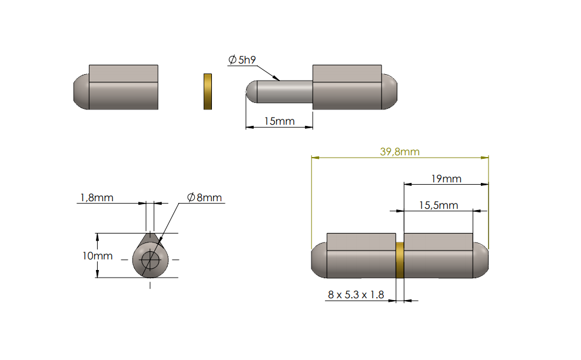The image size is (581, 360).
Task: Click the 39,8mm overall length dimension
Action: coord(399,152)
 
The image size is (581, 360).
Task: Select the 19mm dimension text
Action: coord(446,179)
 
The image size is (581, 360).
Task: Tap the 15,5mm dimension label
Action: coord(438,205)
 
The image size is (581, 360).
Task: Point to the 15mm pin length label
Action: coord(279,121)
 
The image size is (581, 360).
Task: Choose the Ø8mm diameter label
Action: coord(204,198)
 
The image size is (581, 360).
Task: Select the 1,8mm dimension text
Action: coord(95,198)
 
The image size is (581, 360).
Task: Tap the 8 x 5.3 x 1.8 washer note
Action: coord(356,294)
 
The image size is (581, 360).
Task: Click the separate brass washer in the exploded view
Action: coord(208,91)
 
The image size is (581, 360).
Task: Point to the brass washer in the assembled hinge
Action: coord(400,260)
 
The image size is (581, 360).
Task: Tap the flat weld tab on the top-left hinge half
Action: coord(123,74)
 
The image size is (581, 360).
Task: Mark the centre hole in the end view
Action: coord(151,259)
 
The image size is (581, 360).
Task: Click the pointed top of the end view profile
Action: coord(150,234)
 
